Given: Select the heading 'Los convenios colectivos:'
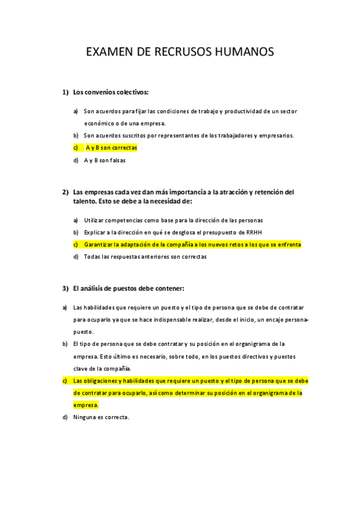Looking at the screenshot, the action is [111, 92].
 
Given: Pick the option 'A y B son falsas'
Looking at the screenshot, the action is [105, 160].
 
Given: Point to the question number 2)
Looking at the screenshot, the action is [66, 192].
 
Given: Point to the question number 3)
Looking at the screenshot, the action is [66, 288].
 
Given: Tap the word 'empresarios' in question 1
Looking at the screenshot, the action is [275, 135].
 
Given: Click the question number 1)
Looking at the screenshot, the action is [66, 92].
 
